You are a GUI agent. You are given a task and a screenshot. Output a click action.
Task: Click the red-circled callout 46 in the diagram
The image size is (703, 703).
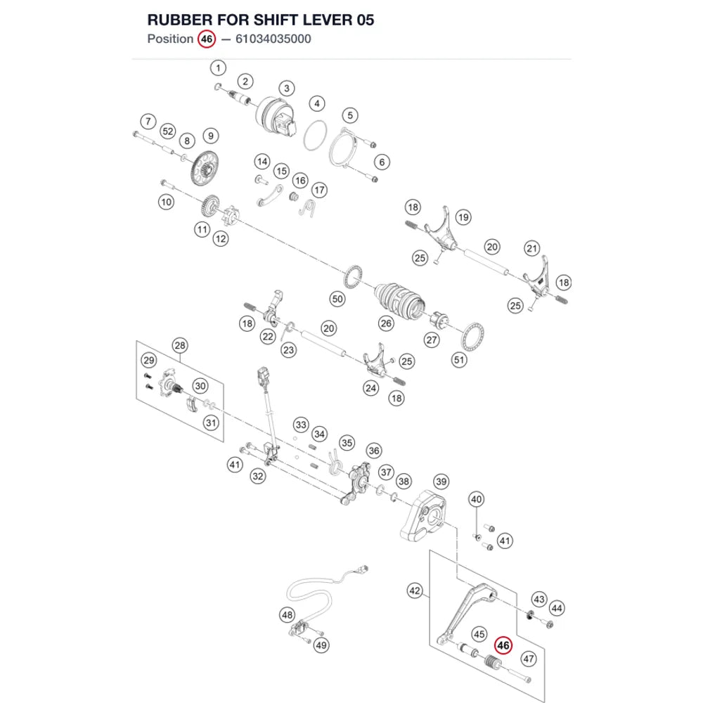pyautogui.click(x=503, y=645)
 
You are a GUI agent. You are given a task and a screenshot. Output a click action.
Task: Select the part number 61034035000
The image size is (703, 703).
pyautogui.click(x=273, y=39)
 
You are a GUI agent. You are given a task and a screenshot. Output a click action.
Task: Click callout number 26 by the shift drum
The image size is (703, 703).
pyautogui.click(x=385, y=323)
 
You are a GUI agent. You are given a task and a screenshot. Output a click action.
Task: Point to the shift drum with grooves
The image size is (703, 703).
pyautogui.click(x=399, y=300)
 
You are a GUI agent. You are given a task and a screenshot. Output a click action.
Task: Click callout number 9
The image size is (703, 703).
pyautogui.click(x=211, y=136)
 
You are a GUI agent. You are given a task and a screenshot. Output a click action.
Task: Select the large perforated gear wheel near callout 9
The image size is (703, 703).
pyautogui.click(x=205, y=168)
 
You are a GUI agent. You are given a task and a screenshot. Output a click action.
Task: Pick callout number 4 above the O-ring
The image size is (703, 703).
pyautogui.click(x=317, y=103)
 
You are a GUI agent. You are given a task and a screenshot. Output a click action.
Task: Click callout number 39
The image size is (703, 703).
pyautogui.click(x=441, y=482)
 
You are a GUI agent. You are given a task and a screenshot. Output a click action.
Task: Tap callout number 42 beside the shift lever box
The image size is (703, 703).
pyautogui.click(x=415, y=591)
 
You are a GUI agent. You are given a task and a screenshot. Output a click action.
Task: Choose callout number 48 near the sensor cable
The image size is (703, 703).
pyautogui.click(x=287, y=614)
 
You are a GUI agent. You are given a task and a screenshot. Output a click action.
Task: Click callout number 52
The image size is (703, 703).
pyautogui.click(x=168, y=131)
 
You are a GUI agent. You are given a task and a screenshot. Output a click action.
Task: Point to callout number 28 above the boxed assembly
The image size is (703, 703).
pyautogui.click(x=180, y=345)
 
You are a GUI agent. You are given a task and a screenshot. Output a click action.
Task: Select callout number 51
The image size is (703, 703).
pyautogui.click(x=459, y=359)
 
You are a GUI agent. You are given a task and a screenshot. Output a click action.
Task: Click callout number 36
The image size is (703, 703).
pyautogui.click(x=374, y=451)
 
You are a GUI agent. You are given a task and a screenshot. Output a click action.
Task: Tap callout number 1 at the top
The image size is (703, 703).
pyautogui.click(x=219, y=68)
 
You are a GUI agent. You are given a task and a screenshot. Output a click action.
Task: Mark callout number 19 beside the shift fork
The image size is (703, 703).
pyautogui.click(x=463, y=217)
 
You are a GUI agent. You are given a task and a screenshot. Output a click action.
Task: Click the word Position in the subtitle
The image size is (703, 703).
pyautogui.click(x=170, y=39)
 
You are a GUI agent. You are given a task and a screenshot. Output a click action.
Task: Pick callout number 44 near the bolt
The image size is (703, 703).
pyautogui.click(x=556, y=608)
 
